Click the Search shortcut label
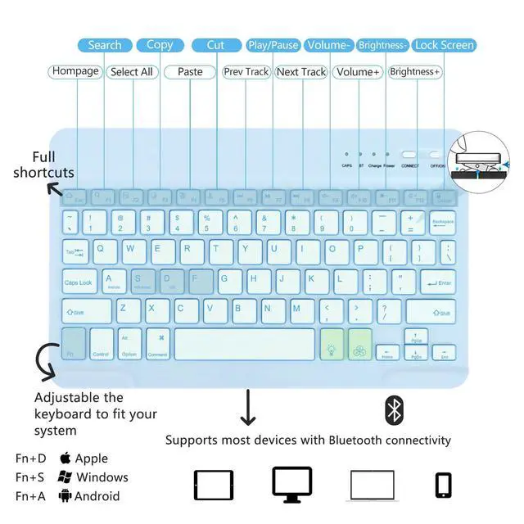click(x=105, y=45)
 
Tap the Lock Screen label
click(x=444, y=45)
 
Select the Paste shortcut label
click(x=190, y=72)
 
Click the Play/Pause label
click(x=273, y=45)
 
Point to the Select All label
click(x=132, y=72)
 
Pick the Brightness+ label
click(x=415, y=72)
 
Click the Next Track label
click(x=301, y=72)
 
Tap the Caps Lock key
click(x=79, y=282)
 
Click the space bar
click(x=244, y=344)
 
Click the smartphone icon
click(x=444, y=485)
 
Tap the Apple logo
click(x=65, y=458)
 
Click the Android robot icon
click(x=65, y=496)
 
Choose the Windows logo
click(x=65, y=477)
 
